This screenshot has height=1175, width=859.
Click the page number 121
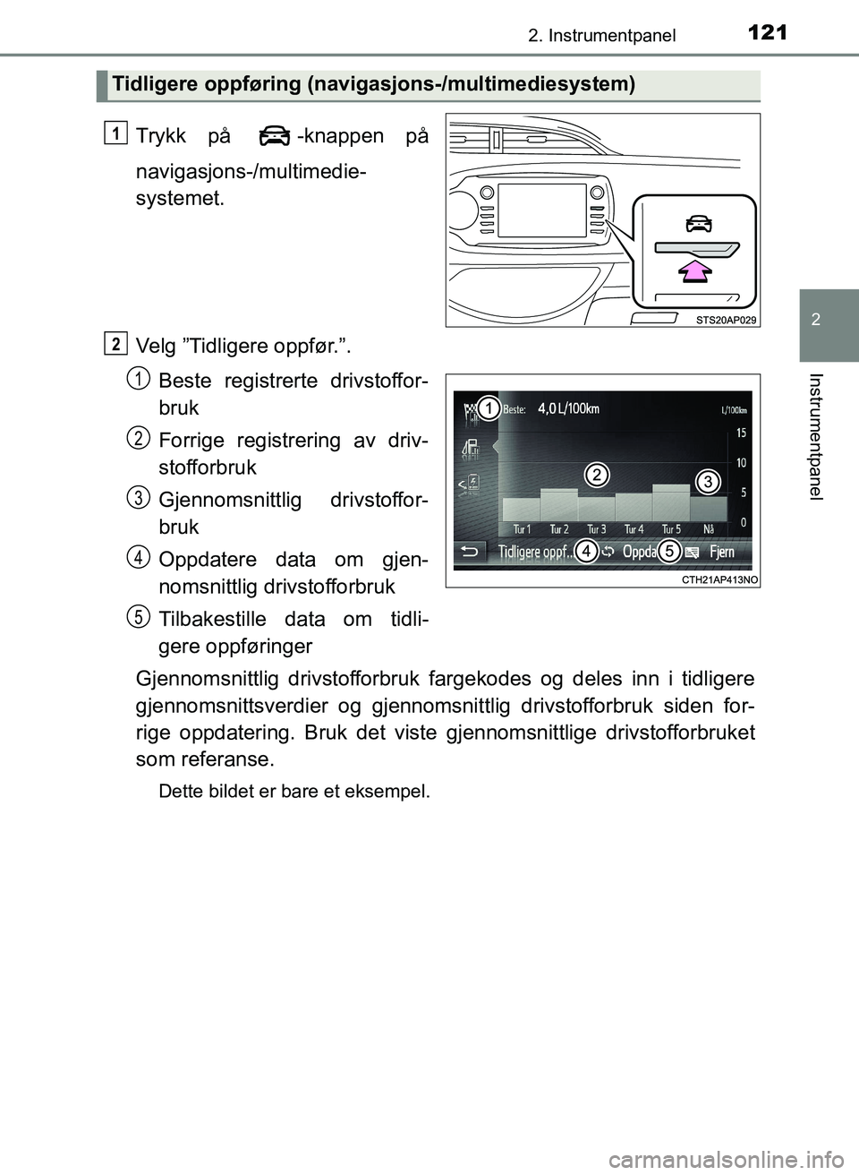(767, 33)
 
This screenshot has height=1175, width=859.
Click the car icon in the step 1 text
(274, 137)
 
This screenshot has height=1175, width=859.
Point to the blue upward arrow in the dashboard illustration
(694, 270)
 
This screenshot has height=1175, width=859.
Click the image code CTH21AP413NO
(719, 579)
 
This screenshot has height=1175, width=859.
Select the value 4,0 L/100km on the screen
(568, 409)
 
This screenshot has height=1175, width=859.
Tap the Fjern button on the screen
(721, 553)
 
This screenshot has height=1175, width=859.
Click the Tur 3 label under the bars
(596, 529)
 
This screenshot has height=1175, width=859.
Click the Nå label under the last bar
(709, 529)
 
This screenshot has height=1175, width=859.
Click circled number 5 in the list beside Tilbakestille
(138, 616)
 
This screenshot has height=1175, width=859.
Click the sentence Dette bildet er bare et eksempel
(293, 792)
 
